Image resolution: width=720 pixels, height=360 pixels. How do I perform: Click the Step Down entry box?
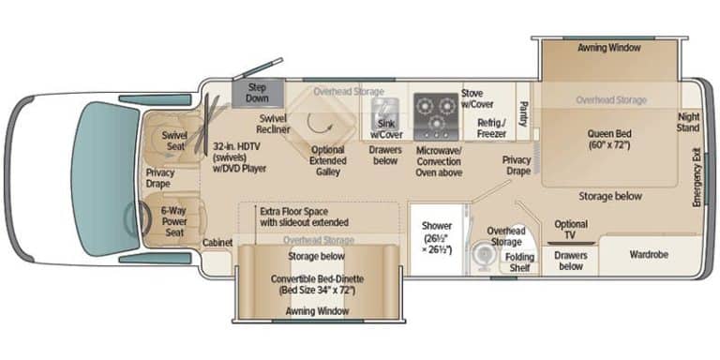258,94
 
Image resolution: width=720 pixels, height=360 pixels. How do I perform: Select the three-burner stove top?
436,116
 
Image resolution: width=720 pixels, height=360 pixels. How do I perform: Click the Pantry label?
523,112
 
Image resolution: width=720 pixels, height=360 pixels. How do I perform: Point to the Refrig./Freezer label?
491,128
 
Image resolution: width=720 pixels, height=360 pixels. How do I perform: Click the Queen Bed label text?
609,140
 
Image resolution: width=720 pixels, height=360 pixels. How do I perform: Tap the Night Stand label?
688,122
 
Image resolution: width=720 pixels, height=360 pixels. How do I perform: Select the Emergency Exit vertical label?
697,177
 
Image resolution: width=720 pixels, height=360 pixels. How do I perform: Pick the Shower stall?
437,239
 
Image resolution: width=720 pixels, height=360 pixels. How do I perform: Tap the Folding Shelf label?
519,262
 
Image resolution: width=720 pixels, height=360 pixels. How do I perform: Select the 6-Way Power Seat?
173,221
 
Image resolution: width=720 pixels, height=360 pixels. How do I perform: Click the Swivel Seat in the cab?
172,140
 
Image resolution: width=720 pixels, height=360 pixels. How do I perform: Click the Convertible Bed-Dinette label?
317,285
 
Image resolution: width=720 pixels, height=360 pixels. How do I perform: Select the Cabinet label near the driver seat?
217,243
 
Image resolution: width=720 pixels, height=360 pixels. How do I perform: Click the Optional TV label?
571,230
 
